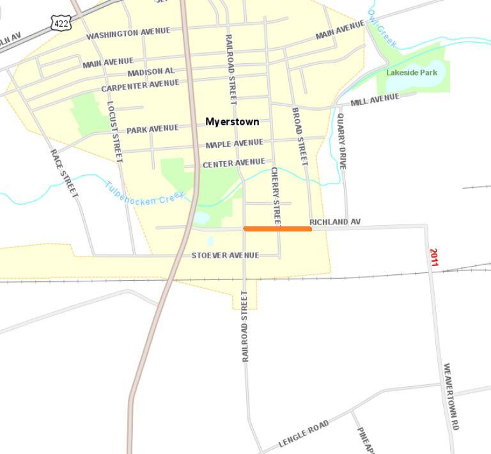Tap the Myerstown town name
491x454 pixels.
[232, 121]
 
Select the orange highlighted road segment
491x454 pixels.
[277, 228]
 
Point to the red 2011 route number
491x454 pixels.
[434, 257]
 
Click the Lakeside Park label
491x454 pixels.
[412, 73]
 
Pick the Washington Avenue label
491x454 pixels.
[129, 33]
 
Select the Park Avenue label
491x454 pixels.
[152, 129]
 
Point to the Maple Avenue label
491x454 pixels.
[234, 144]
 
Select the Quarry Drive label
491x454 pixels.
[342, 141]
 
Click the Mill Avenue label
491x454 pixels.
[375, 100]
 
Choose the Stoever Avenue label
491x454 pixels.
[225, 256]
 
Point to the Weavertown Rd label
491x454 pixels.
[451, 396]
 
